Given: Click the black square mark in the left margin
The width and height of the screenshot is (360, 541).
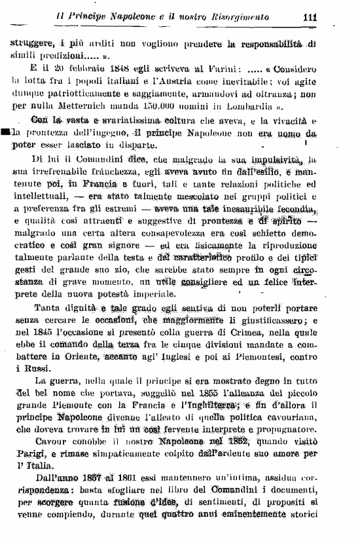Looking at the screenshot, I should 5,133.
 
